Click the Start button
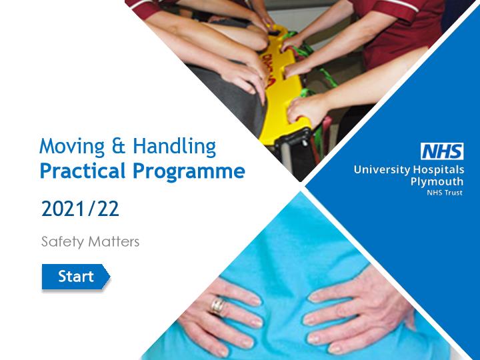click(x=76, y=277)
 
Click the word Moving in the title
click(x=72, y=147)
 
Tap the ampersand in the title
click(x=119, y=146)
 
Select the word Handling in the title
click(x=175, y=147)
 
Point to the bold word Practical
click(x=83, y=170)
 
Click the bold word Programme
click(x=189, y=171)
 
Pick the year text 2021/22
click(x=80, y=209)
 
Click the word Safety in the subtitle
click(x=63, y=242)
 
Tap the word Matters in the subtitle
click(x=113, y=241)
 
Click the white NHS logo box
click(x=442, y=151)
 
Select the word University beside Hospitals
click(x=382, y=170)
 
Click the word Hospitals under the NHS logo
click(x=439, y=170)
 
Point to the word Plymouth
click(x=437, y=182)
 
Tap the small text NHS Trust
click(x=445, y=193)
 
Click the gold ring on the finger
click(x=217, y=306)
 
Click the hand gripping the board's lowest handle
click(x=307, y=109)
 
